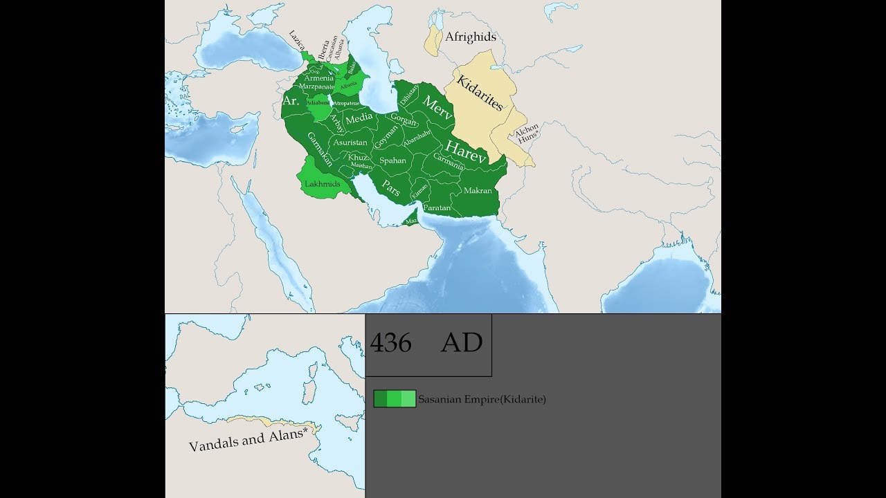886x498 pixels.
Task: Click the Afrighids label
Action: pyautogui.click(x=471, y=37)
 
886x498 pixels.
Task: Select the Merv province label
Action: pyautogui.click(x=437, y=109)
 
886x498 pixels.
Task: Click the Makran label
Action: pyautogui.click(x=478, y=190)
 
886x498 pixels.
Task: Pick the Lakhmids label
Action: pyautogui.click(x=322, y=185)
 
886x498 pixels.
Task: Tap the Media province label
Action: pyautogui.click(x=359, y=118)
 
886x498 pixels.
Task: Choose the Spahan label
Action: pyautogui.click(x=392, y=160)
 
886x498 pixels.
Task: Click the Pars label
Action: pyautogui.click(x=390, y=187)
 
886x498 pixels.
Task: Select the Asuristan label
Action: pyautogui.click(x=350, y=142)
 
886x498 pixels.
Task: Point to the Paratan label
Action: pyautogui.click(x=437, y=207)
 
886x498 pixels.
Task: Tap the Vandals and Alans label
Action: pyautogui.click(x=247, y=440)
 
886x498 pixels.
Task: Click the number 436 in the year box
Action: pyautogui.click(x=390, y=343)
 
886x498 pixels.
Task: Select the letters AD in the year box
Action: pyautogui.click(x=462, y=343)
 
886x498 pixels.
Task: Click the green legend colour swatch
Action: pyautogui.click(x=395, y=399)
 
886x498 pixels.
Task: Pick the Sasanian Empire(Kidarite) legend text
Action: pyautogui.click(x=482, y=399)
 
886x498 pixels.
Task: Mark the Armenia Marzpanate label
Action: pyautogui.click(x=318, y=82)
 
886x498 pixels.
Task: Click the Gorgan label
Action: pyautogui.click(x=404, y=120)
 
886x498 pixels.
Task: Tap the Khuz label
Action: pyautogui.click(x=358, y=157)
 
